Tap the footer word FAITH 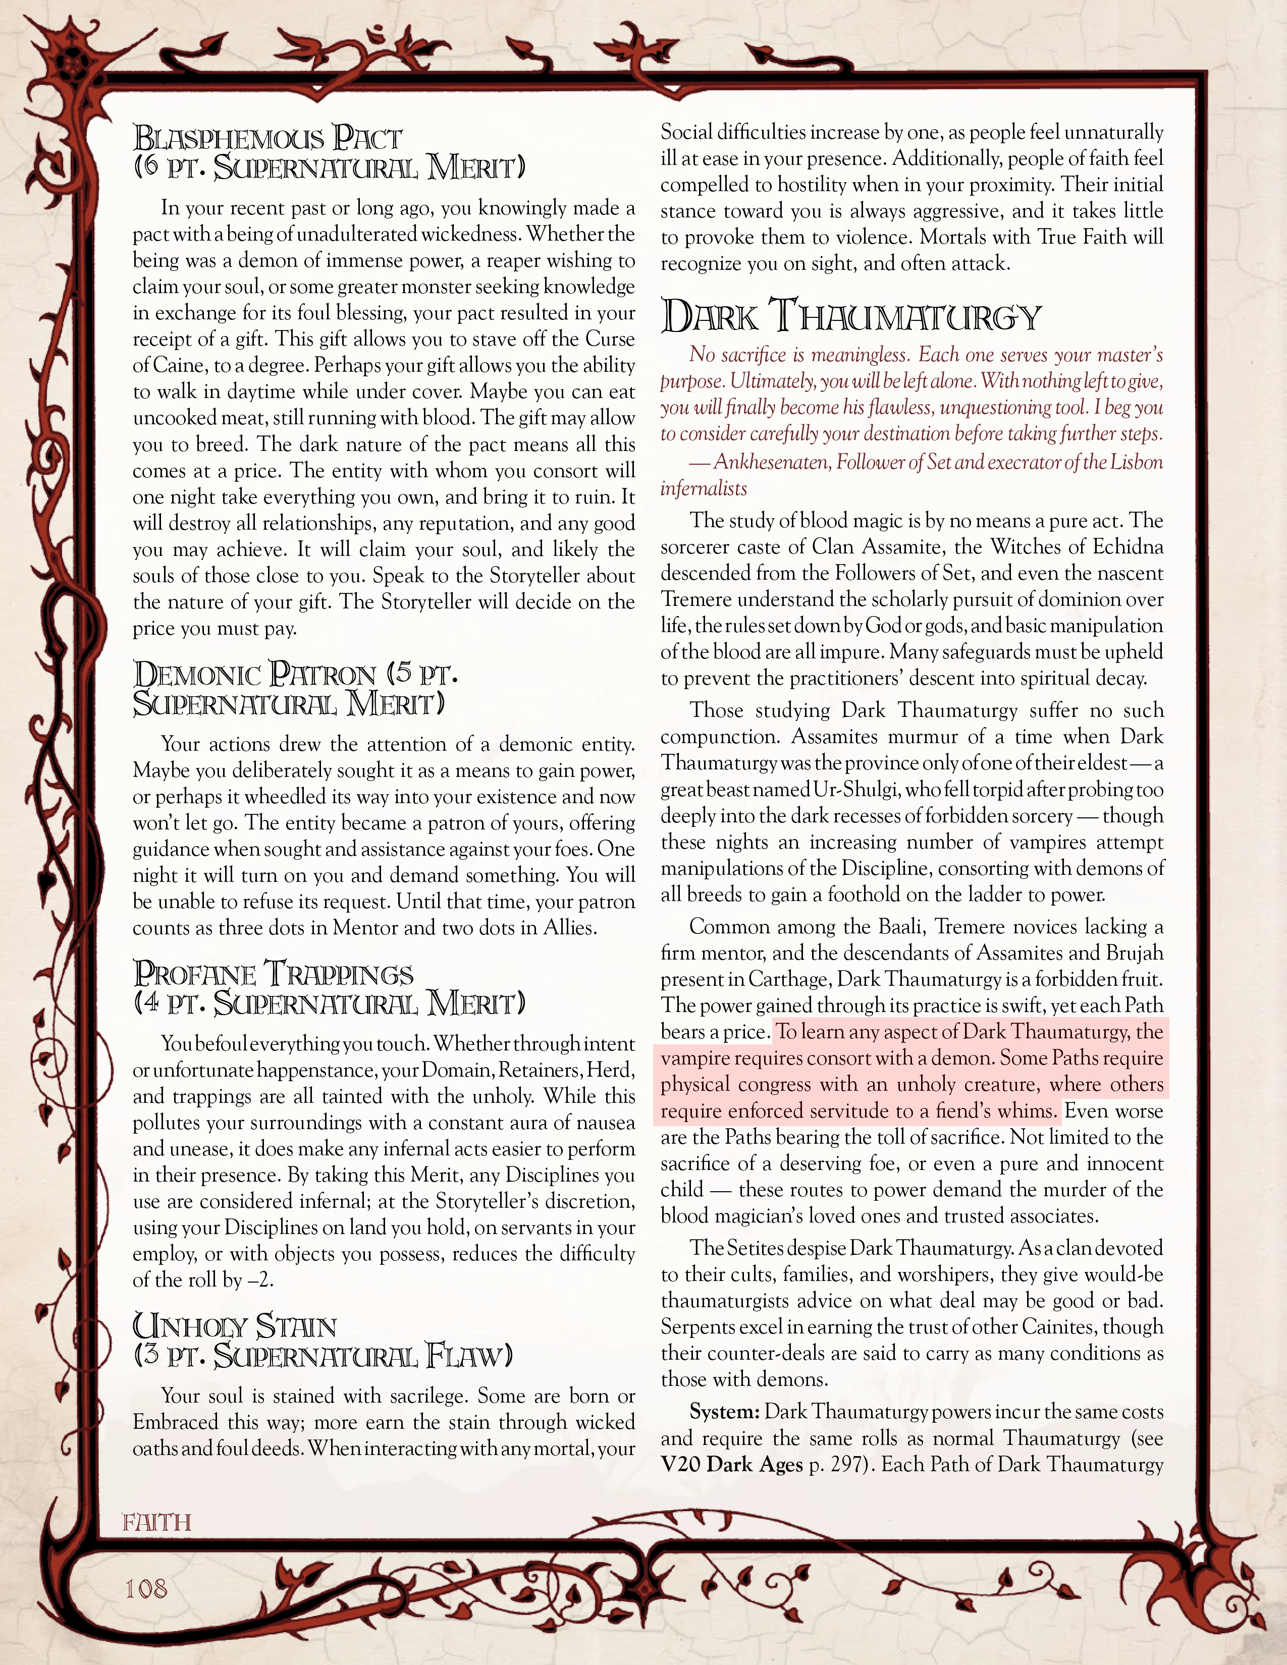pos(156,1522)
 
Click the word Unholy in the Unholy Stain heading pos(190,1326)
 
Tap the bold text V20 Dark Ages pos(731,1465)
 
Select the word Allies pos(568,928)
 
